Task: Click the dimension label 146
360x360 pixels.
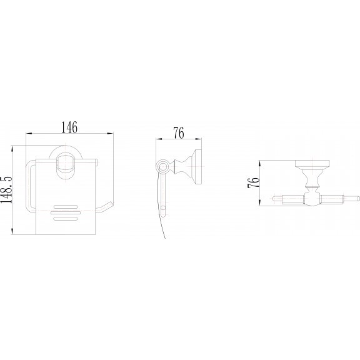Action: (69, 127)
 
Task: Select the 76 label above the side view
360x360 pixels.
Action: (179, 133)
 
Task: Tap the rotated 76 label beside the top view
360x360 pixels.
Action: (254, 182)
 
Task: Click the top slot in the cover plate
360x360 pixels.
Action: (66, 207)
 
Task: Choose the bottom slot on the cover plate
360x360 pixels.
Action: (66, 219)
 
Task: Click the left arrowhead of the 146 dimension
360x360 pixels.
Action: (28, 133)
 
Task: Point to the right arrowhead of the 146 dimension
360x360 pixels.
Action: (111, 133)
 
